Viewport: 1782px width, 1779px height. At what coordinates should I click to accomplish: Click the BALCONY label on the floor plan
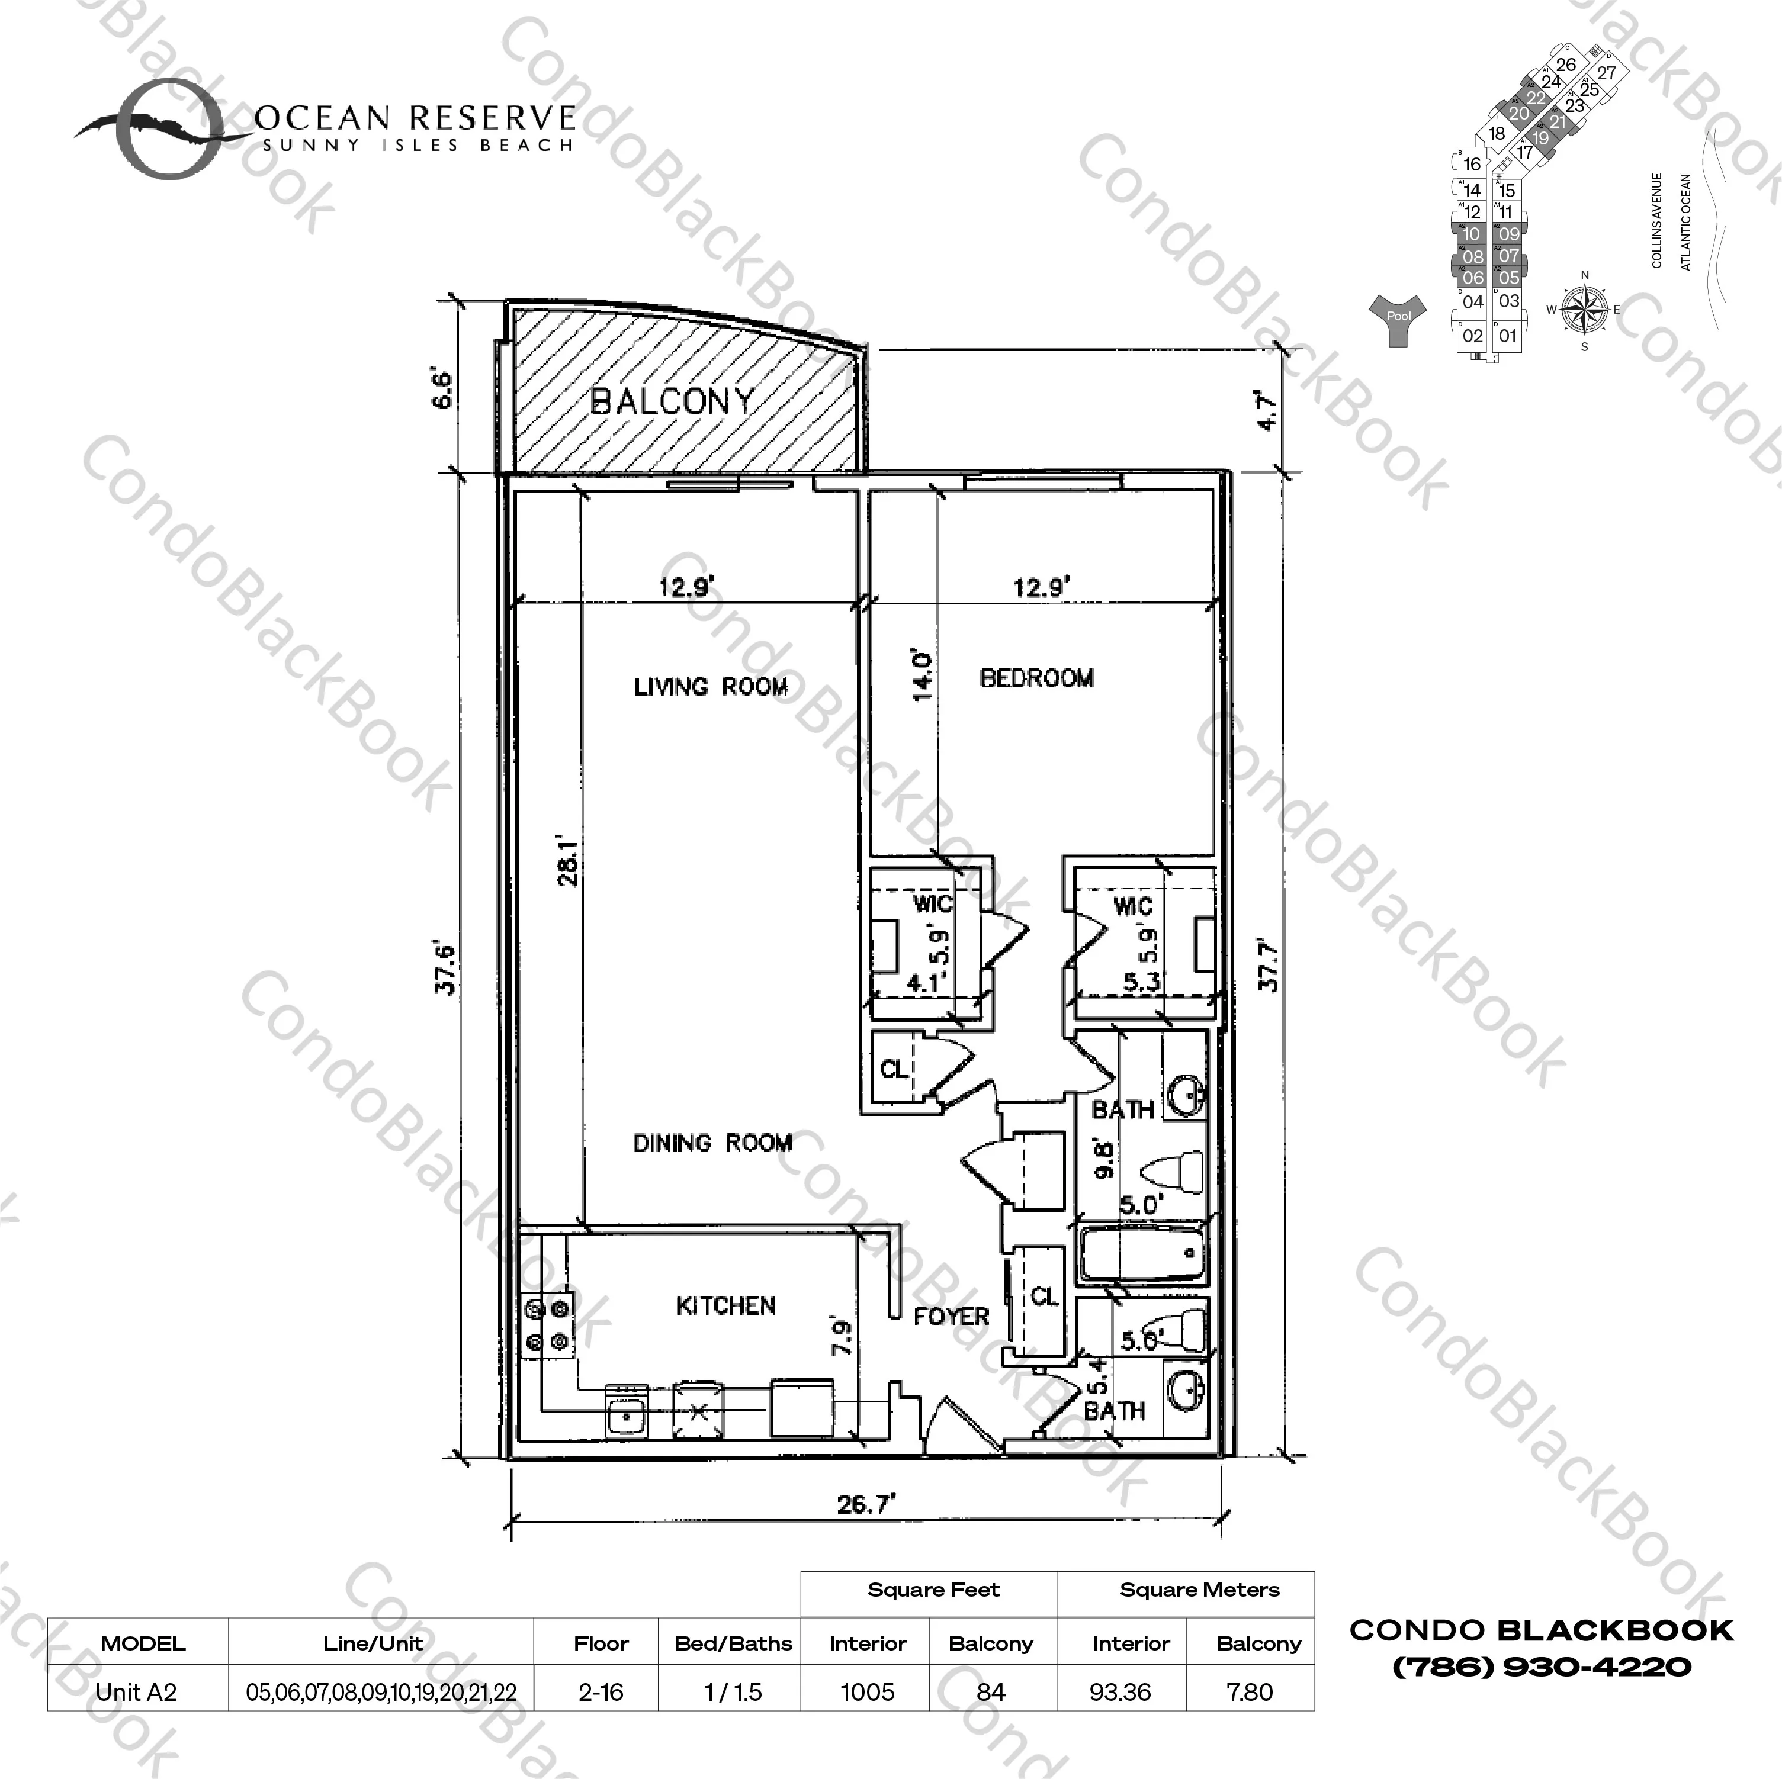[672, 402]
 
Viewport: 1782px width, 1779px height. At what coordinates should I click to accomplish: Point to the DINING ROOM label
[712, 1144]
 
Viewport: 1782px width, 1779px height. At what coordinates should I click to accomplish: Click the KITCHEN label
[726, 1306]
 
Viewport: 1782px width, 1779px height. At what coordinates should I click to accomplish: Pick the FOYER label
[951, 1316]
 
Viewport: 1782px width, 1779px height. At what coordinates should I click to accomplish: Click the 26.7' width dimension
[866, 1505]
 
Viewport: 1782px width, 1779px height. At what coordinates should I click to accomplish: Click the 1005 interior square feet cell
[867, 1693]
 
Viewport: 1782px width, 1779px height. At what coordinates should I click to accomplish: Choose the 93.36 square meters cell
[1120, 1693]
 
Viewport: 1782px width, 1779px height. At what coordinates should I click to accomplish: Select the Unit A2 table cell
[137, 1693]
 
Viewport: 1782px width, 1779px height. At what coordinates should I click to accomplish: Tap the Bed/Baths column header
[733, 1643]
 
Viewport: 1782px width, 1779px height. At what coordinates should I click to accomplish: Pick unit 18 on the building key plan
[1496, 134]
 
